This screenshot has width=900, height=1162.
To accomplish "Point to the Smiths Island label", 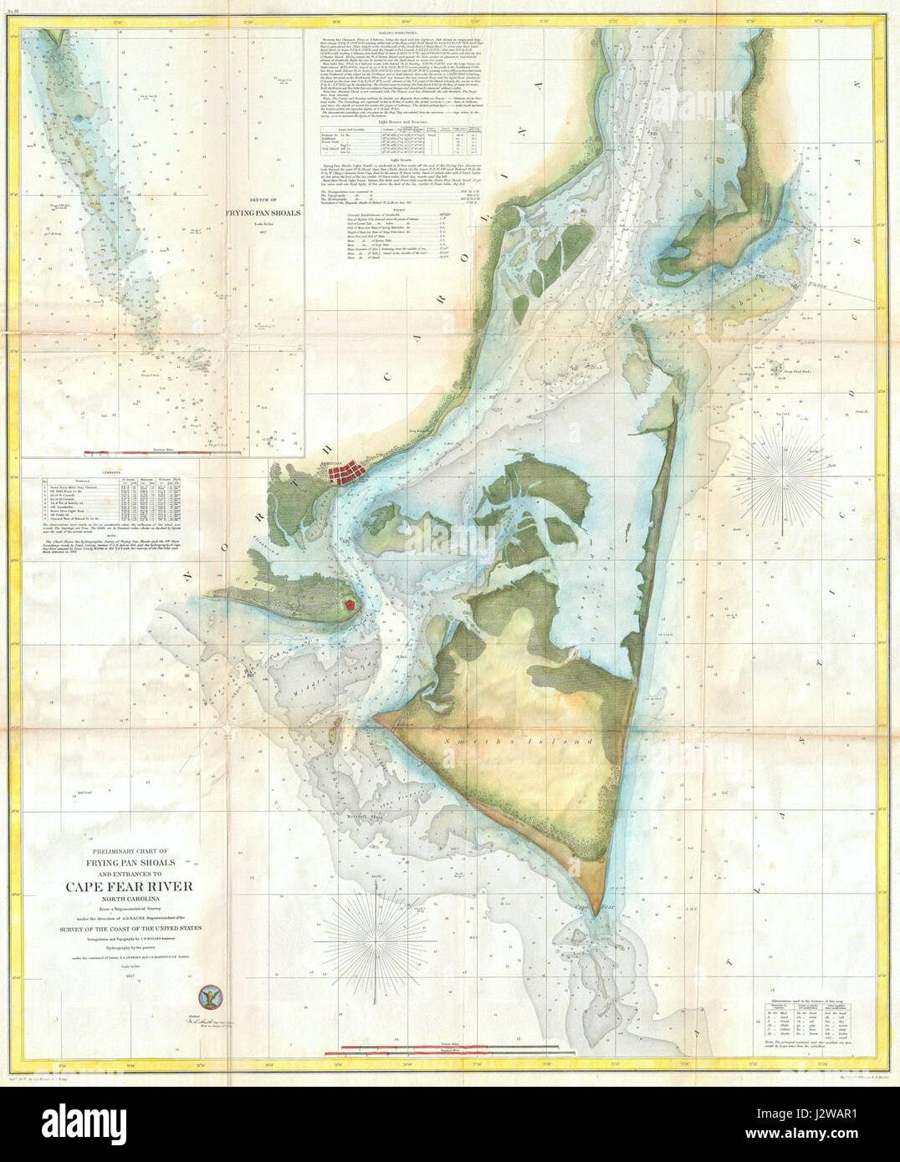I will point(553,741).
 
